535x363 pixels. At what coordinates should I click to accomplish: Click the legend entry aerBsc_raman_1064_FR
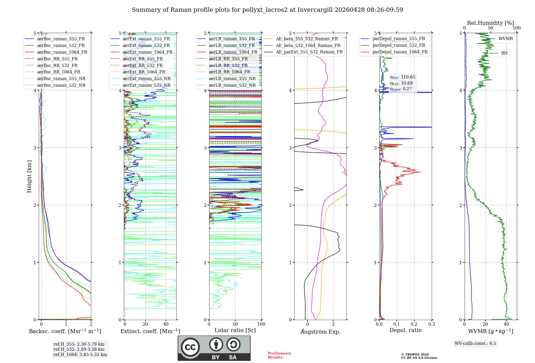(x=62, y=52)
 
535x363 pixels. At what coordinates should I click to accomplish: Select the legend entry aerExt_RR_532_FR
(x=143, y=65)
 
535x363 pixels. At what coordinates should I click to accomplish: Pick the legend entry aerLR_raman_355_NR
(x=232, y=78)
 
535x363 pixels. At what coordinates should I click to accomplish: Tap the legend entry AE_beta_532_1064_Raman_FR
(x=308, y=45)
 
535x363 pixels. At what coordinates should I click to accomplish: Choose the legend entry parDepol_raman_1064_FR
(x=400, y=52)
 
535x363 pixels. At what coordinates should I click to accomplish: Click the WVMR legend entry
(x=506, y=39)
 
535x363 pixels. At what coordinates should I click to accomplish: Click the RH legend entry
(x=504, y=53)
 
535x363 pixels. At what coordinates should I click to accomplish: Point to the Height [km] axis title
(x=29, y=176)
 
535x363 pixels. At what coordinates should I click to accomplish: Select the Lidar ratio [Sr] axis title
(x=235, y=330)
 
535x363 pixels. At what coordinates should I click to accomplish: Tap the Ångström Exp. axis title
(x=320, y=332)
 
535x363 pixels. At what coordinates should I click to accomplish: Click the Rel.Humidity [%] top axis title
(x=490, y=23)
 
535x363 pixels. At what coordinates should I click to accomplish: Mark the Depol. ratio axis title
(x=405, y=330)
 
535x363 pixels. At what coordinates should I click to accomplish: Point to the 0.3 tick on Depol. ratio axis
(x=431, y=324)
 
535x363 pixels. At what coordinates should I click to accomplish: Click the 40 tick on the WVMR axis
(x=506, y=324)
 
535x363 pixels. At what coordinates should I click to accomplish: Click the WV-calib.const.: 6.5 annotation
(x=475, y=343)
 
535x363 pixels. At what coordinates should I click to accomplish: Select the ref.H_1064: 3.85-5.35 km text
(x=80, y=354)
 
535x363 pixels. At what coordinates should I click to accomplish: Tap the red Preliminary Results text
(x=279, y=355)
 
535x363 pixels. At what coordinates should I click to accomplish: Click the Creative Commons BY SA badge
(x=214, y=348)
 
